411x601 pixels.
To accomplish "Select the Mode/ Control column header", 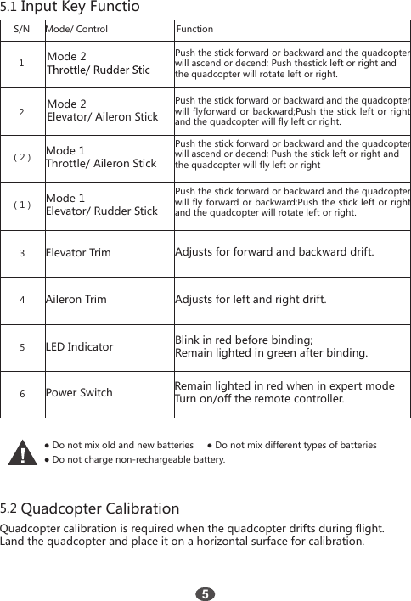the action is (76, 29).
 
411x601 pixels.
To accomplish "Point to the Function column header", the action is (194, 29).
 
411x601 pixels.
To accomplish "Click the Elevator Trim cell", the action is (78, 253).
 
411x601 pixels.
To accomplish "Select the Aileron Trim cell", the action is (76, 300).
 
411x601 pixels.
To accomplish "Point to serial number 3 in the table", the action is (22, 253).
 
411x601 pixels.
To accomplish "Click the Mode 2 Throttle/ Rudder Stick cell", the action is (99, 63).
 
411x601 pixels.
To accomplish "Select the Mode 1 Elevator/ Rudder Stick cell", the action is (101, 205).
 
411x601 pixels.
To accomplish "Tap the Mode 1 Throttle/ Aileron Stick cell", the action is (100, 157).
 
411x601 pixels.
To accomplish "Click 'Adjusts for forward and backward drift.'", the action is (274, 252).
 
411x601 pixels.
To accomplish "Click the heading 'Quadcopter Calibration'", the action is (100, 509).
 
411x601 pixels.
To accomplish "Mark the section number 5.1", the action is (9, 8).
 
